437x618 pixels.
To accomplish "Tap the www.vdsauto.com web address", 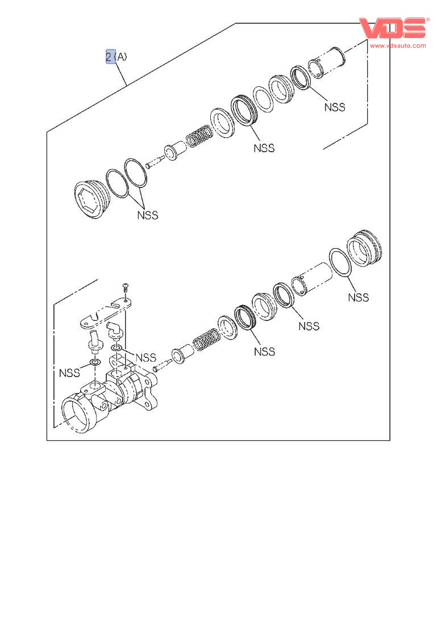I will click(x=398, y=45).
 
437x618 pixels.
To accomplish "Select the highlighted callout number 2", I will click(x=109, y=57).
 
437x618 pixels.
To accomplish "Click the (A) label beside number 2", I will click(x=120, y=57).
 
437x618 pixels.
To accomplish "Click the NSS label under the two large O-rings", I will click(x=147, y=215).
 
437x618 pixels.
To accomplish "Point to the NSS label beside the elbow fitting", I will click(x=145, y=357).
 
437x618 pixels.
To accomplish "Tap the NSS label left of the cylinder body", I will click(x=69, y=373).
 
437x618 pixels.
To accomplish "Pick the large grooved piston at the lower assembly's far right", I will click(x=367, y=249).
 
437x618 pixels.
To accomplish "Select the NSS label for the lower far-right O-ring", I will click(x=358, y=297).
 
